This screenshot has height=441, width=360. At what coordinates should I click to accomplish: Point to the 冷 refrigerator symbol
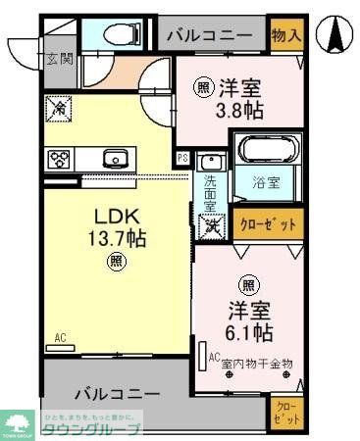tap(58, 110)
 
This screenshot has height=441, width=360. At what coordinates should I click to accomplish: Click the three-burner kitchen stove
tap(59, 159)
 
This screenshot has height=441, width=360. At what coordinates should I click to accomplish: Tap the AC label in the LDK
tap(59, 339)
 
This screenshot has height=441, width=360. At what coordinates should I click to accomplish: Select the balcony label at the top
tap(215, 37)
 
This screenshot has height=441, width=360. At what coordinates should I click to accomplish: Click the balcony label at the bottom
tap(114, 393)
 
